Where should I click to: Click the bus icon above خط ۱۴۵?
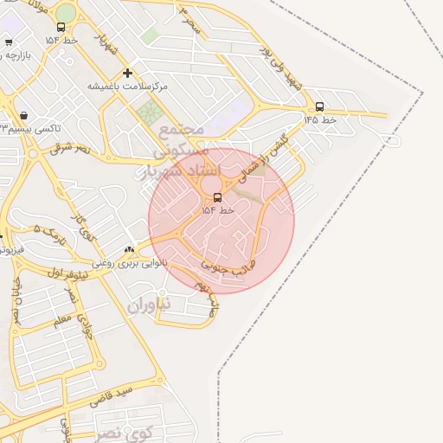(x=320, y=106)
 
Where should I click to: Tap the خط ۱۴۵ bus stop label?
(x=319, y=119)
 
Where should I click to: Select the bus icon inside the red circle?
(x=217, y=197)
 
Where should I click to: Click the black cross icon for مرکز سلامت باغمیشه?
(x=128, y=74)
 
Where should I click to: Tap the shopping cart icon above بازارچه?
(x=9, y=42)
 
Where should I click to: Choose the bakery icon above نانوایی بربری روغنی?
(x=130, y=249)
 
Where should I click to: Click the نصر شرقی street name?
(x=69, y=149)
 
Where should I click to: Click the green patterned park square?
(x=150, y=112)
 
